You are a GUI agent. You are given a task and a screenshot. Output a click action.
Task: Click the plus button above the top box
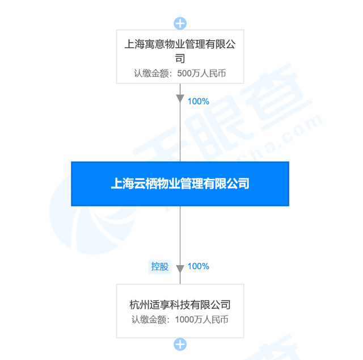pyautogui.click(x=180, y=23)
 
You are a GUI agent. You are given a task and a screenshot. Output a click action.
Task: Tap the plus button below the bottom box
pyautogui.click(x=180, y=344)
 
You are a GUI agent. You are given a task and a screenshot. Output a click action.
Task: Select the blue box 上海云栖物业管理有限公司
pyautogui.click(x=180, y=183)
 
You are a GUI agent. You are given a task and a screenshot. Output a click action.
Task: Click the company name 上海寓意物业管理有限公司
pyautogui.click(x=180, y=51)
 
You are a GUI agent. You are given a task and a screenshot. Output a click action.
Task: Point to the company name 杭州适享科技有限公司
pyautogui.click(x=180, y=304)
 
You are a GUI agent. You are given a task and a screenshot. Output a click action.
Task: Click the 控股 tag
pyautogui.click(x=160, y=267)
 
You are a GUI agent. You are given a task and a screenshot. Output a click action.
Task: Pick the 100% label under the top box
pyautogui.click(x=199, y=102)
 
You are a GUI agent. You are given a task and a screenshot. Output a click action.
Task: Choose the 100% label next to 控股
pyautogui.click(x=199, y=266)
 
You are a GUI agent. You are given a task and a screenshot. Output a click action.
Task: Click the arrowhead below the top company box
pyautogui.click(x=180, y=98)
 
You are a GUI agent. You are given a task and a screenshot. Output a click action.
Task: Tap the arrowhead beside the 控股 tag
pyautogui.click(x=180, y=269)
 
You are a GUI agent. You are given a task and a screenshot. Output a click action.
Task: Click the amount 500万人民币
pyautogui.click(x=201, y=73)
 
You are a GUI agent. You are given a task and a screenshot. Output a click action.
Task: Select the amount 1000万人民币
pyautogui.click(x=202, y=320)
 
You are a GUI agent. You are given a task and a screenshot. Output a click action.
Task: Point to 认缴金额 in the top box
pyautogui.click(x=151, y=73)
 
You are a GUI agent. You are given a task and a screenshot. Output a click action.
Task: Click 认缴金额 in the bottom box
pyautogui.click(x=149, y=320)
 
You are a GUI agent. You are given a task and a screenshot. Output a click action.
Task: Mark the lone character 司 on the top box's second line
pyautogui.click(x=180, y=58)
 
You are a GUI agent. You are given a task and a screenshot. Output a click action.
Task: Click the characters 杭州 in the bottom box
pyautogui.click(x=140, y=304)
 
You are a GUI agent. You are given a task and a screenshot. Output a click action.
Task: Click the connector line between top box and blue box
pyautogui.click(x=180, y=123)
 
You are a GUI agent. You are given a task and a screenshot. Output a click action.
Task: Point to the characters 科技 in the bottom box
pyautogui.click(x=180, y=304)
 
